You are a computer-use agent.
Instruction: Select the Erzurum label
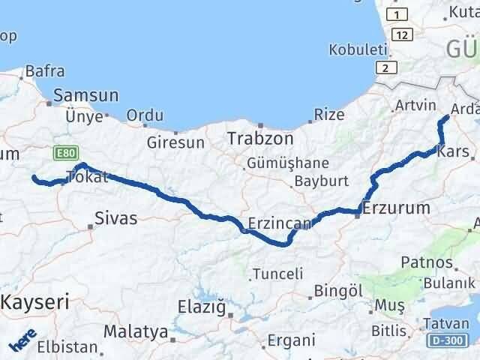pos(395,208)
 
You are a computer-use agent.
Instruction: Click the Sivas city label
pos(116,218)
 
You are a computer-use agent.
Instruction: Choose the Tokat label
pos(88,177)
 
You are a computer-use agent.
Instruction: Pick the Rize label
pos(329,115)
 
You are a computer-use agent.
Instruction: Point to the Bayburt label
pos(321,181)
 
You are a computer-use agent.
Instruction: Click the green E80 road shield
pos(64,152)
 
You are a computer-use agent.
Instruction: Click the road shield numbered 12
pos(403,35)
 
